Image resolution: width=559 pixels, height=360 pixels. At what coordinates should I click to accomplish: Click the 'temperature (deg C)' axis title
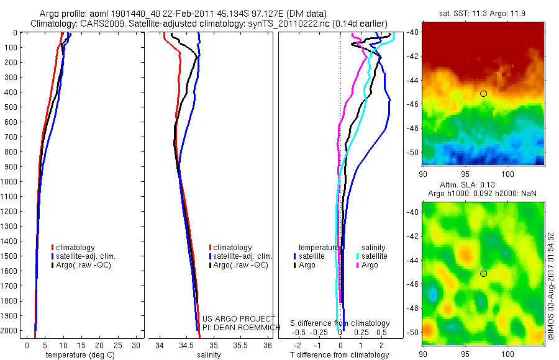click(x=82, y=355)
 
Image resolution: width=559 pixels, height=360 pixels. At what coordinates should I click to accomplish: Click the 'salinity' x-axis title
click(x=209, y=355)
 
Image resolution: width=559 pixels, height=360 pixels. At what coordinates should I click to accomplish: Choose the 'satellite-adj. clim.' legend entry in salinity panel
click(x=243, y=256)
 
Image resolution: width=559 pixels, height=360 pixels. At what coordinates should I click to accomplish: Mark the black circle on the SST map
click(x=483, y=94)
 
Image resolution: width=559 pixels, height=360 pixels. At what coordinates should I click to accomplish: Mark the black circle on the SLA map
click(x=483, y=273)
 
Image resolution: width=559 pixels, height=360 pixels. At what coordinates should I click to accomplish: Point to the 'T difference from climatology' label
click(x=340, y=355)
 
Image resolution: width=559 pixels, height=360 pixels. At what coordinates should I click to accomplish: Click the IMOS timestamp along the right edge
click(x=551, y=287)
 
